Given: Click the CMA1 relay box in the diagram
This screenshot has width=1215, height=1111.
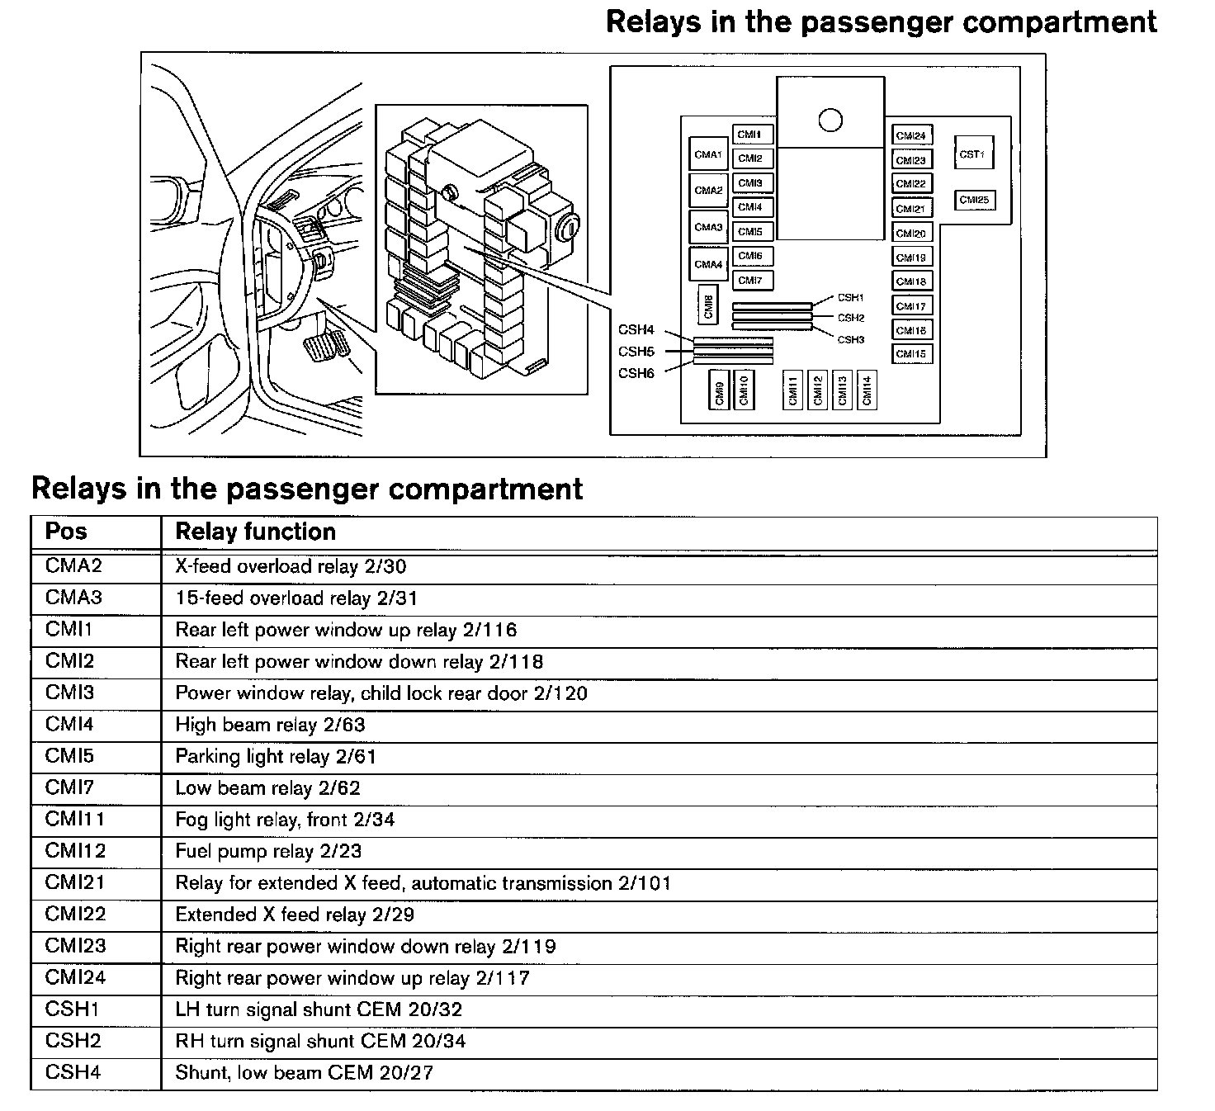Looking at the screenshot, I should click(x=708, y=154).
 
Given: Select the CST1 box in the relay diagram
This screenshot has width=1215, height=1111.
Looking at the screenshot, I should click(x=972, y=154).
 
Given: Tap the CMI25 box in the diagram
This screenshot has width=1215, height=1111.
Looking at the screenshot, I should click(x=974, y=200).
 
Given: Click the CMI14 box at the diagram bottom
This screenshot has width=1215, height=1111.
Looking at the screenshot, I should click(x=867, y=390).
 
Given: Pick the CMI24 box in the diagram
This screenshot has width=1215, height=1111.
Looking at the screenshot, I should click(x=911, y=135).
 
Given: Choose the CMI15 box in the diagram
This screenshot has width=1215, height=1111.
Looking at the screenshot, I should click(x=911, y=354).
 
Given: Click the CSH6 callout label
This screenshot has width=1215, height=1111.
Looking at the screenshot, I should click(x=636, y=373).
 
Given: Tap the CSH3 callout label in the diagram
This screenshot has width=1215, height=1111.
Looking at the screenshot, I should click(x=850, y=339).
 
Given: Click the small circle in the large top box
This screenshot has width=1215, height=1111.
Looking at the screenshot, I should click(x=830, y=121).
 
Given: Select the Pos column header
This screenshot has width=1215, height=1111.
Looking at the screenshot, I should click(x=66, y=532).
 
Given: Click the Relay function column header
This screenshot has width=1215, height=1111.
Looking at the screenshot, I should click(x=255, y=532).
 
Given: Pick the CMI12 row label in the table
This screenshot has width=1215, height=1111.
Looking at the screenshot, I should click(x=75, y=851).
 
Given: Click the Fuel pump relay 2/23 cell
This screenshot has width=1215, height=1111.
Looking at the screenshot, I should click(x=268, y=851).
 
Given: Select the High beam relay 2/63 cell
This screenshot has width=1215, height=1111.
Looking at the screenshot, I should click(x=270, y=725).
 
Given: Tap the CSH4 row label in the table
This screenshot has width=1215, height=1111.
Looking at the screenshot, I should click(x=73, y=1072).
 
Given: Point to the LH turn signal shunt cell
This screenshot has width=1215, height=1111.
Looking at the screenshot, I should click(x=319, y=1009).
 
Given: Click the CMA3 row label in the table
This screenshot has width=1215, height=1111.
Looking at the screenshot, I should click(x=73, y=598).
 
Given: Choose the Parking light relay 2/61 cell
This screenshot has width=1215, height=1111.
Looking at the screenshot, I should click(x=276, y=756).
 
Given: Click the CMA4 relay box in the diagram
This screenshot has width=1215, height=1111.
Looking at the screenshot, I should click(x=708, y=264).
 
